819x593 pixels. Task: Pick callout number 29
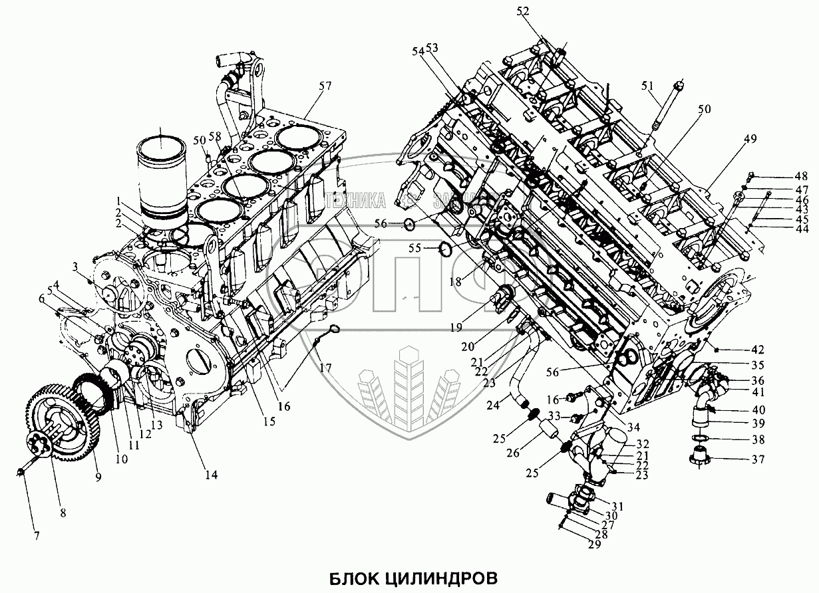tap(593, 544)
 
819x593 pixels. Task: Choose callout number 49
tap(750, 139)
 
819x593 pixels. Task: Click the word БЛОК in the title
tap(351, 574)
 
